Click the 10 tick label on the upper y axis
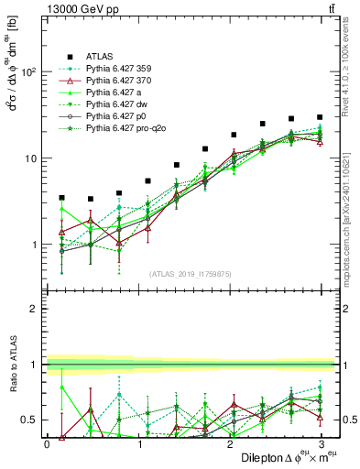pos(29,158)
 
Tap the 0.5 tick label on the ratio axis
pos(28,420)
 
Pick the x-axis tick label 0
pos(46,443)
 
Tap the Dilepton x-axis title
pos(275,457)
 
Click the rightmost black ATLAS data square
pos(319,117)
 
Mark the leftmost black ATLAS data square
pos(61,197)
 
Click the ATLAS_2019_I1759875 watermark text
pos(183,272)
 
